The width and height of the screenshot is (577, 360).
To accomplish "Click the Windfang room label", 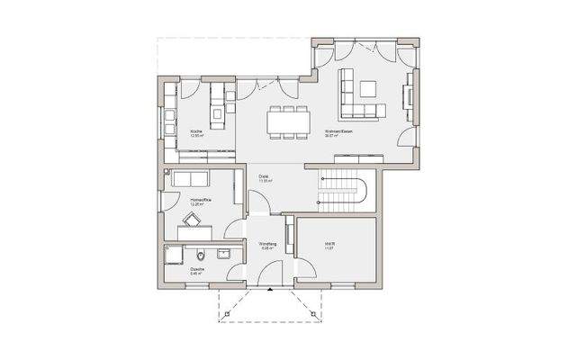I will (267, 245).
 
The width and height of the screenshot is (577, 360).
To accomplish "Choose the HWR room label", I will (329, 245).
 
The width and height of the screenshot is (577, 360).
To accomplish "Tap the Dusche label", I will (195, 268).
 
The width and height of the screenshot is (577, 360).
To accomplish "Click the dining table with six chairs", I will (288, 121).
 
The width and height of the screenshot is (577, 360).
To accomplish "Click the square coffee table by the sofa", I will (368, 88).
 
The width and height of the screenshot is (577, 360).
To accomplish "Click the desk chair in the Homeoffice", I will (192, 219).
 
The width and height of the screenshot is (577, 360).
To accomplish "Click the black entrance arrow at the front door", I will (270, 291).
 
